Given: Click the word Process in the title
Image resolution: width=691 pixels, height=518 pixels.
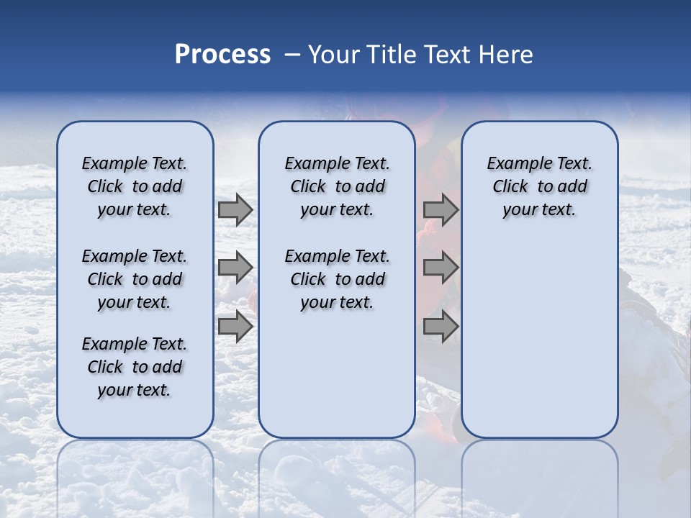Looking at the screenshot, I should (x=222, y=55).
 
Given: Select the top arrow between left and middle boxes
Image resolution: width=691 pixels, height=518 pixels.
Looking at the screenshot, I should (x=235, y=210).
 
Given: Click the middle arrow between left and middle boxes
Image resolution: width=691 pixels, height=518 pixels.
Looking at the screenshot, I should (x=235, y=268).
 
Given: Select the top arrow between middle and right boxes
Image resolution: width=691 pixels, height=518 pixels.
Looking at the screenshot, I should (x=441, y=210).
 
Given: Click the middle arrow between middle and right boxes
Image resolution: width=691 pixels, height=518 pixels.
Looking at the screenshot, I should (x=441, y=268).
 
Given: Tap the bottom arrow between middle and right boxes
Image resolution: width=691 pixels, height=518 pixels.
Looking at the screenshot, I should (x=441, y=326).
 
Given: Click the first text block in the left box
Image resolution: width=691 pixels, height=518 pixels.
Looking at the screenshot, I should (x=135, y=186).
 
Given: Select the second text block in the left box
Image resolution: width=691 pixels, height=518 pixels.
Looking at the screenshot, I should (x=135, y=279).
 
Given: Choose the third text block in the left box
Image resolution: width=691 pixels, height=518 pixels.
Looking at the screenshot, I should (x=135, y=367).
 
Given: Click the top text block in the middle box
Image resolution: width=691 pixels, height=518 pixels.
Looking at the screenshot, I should (x=337, y=186).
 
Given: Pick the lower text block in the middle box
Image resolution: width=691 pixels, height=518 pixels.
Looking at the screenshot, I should (x=337, y=279).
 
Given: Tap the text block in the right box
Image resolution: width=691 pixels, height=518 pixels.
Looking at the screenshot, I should (x=539, y=186).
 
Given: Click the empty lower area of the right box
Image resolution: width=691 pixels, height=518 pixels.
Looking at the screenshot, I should (x=539, y=338).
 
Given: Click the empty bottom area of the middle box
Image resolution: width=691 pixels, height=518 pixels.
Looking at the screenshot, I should (x=337, y=381).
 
